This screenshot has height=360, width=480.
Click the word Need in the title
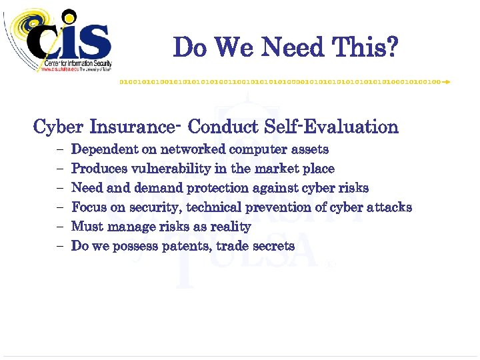291,48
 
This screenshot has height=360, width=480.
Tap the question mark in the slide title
391,48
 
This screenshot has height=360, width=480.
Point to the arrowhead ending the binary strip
446,81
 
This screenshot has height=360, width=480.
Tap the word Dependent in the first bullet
102,149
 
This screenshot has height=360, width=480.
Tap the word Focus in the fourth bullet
89,207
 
